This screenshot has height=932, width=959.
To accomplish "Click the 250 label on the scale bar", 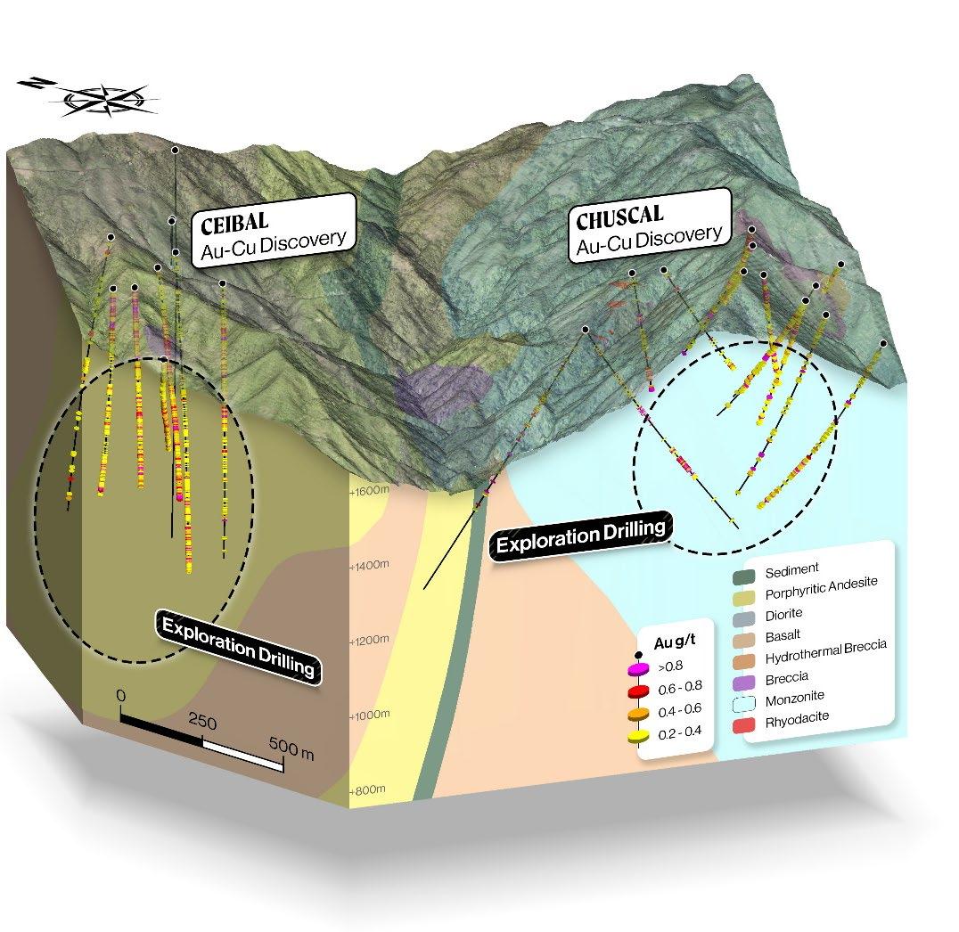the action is click(201, 722).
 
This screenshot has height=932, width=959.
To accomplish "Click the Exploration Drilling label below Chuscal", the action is click(580, 535).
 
